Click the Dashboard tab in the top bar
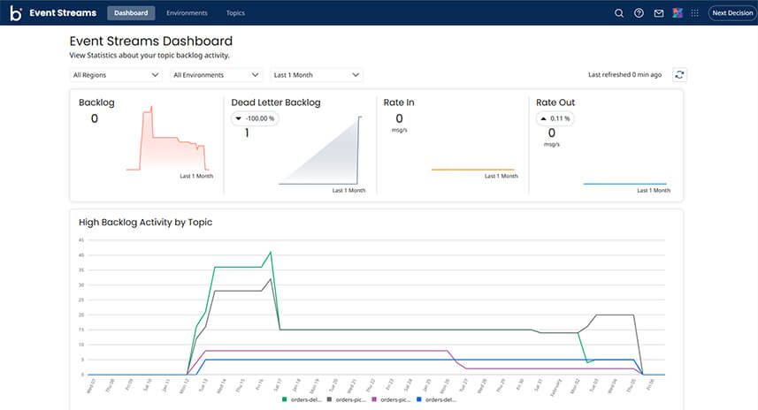pyautogui.click(x=131, y=13)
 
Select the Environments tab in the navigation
pyautogui.click(x=187, y=13)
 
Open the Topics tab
pyautogui.click(x=235, y=13)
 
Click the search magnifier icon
pyautogui.click(x=619, y=13)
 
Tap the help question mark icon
pyautogui.click(x=639, y=13)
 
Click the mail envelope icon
pyautogui.click(x=658, y=13)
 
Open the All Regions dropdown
pyautogui.click(x=116, y=75)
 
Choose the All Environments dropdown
pyautogui.click(x=216, y=75)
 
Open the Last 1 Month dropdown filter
pyautogui.click(x=317, y=75)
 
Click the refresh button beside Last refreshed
pyautogui.click(x=679, y=75)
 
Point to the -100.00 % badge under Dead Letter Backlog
pyautogui.click(x=255, y=118)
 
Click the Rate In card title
pyautogui.click(x=399, y=102)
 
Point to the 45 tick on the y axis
pyautogui.click(x=80, y=239)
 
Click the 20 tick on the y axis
pyautogui.click(x=80, y=315)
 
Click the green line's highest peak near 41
pyautogui.click(x=270, y=252)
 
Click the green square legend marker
pyautogui.click(x=283, y=399)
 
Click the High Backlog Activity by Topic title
pyautogui.click(x=145, y=222)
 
